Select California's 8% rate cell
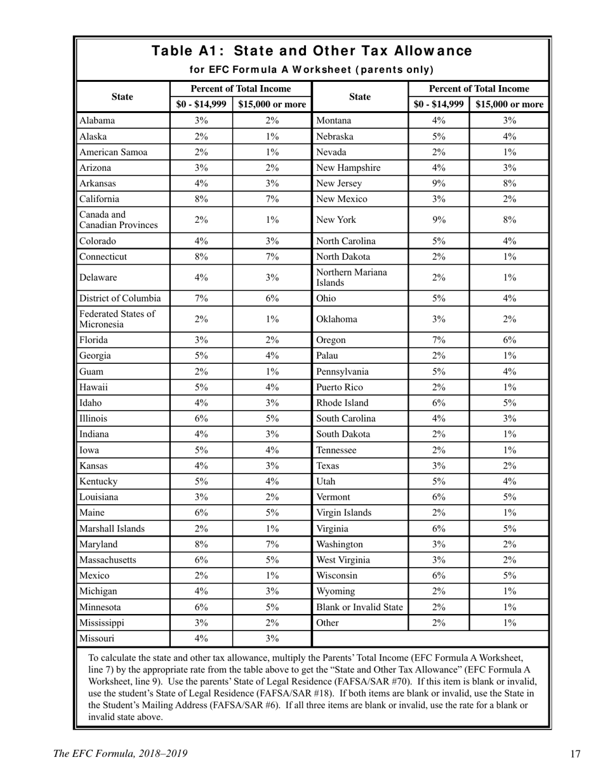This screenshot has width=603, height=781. (x=201, y=199)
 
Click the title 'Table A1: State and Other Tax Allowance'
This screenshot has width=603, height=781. (x=312, y=51)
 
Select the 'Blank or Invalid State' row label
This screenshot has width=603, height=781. (x=359, y=608)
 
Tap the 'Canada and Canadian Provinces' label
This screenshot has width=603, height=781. (x=109, y=220)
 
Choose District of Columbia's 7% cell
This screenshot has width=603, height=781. (x=201, y=298)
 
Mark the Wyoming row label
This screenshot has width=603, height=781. (x=335, y=592)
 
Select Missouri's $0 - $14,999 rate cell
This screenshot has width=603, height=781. (x=201, y=639)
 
